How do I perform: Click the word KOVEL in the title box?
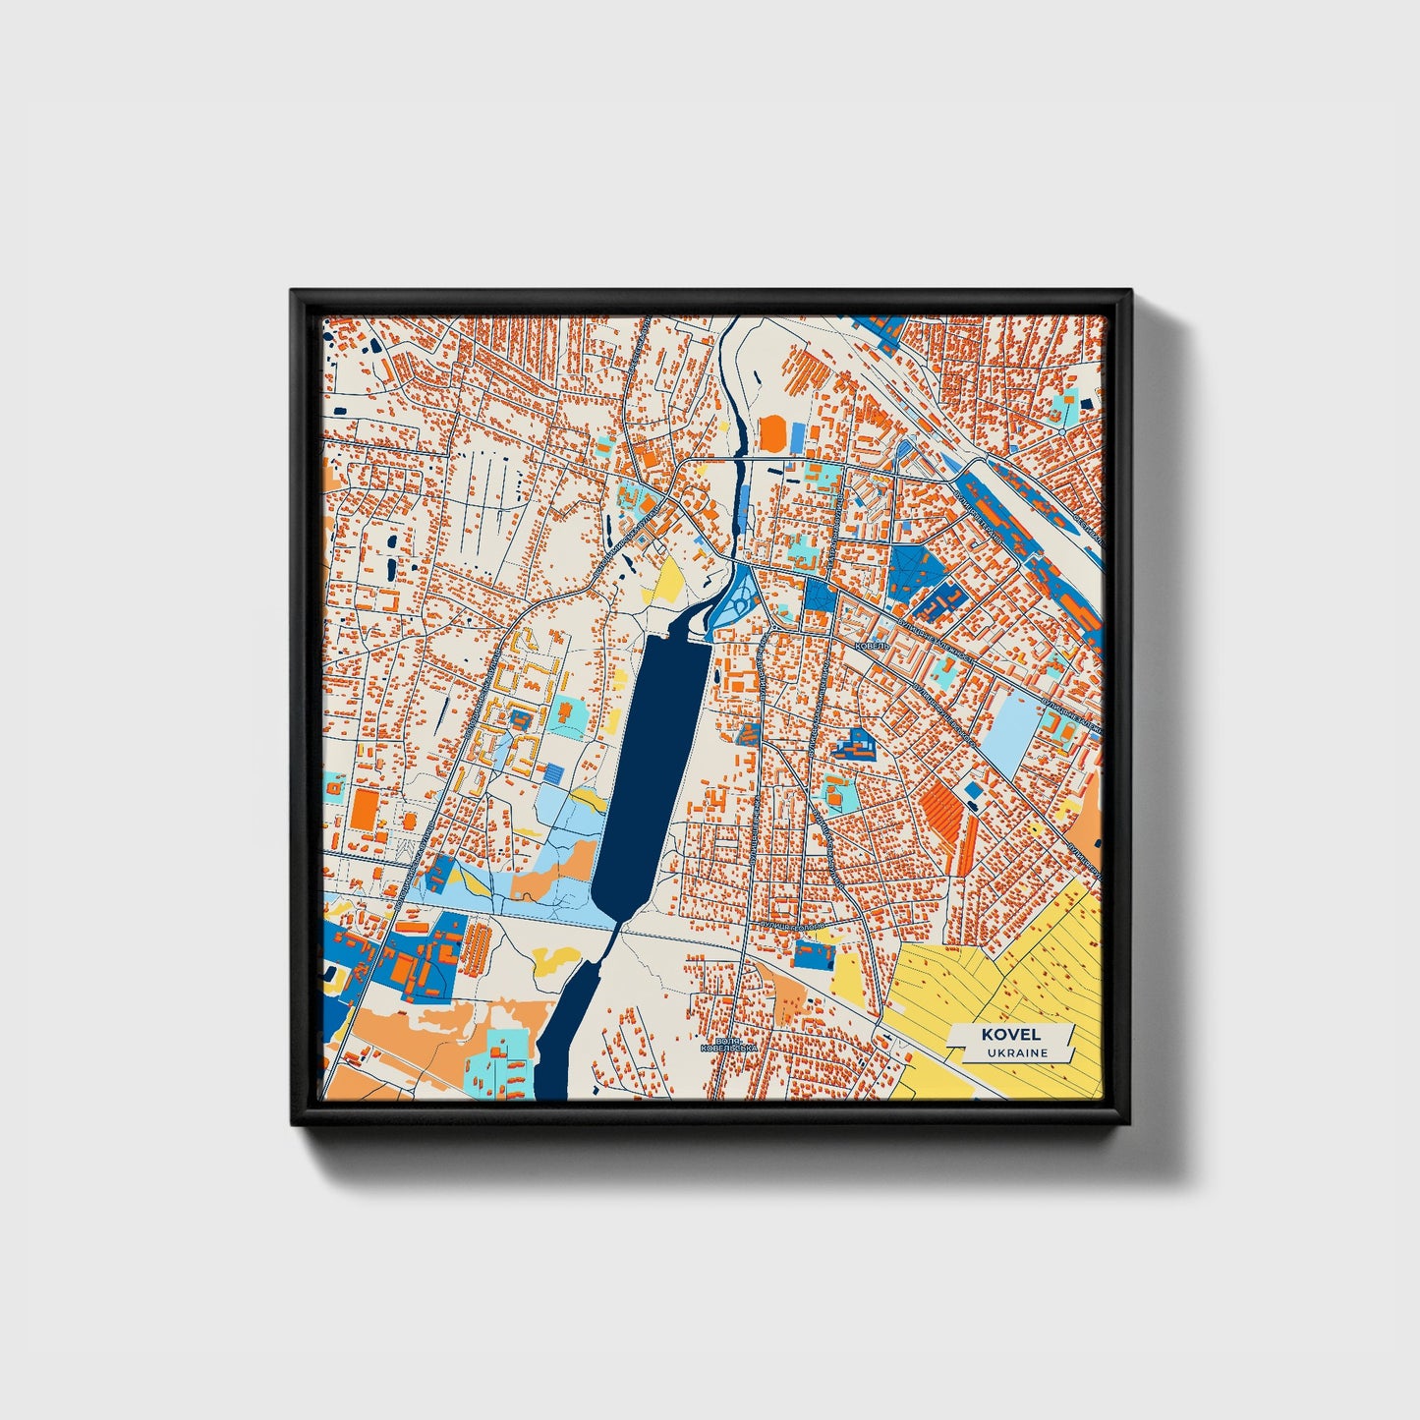coord(1010,1035)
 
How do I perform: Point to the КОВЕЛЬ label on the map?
coord(872,646)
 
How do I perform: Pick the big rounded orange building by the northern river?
coord(773,433)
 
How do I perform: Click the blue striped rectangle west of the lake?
coord(556,773)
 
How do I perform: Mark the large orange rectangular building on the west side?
coord(364,809)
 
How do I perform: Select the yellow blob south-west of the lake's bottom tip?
coord(555,959)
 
